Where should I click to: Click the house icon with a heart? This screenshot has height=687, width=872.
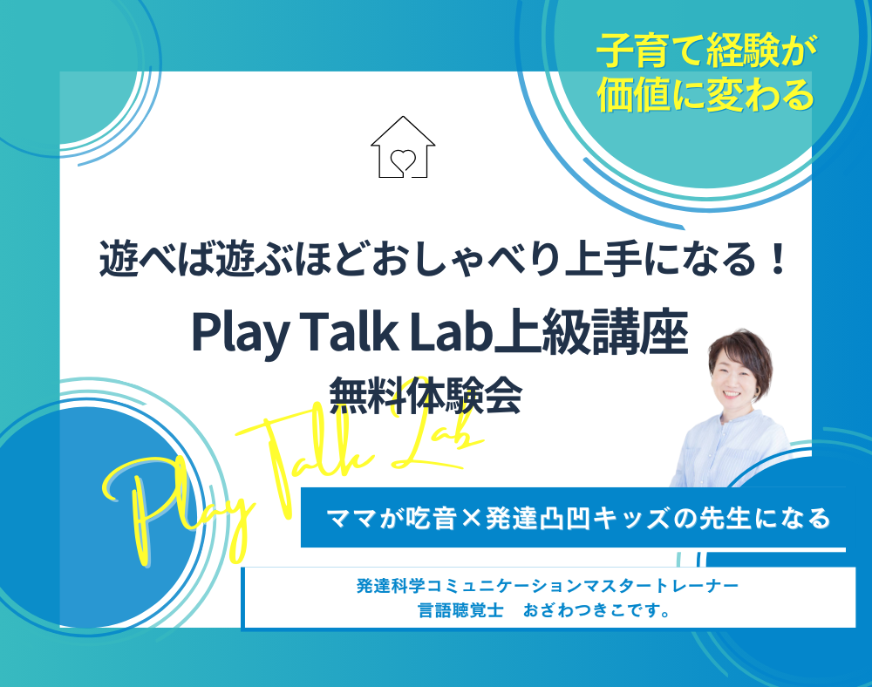403,147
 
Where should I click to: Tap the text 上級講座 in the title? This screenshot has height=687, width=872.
591,332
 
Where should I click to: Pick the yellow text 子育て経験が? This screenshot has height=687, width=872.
706,51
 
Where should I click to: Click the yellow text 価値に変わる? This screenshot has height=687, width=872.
705,94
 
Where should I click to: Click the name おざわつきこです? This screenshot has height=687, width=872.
596,610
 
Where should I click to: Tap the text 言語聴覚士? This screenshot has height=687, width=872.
460,610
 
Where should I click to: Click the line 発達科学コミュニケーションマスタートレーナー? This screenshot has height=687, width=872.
548,585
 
